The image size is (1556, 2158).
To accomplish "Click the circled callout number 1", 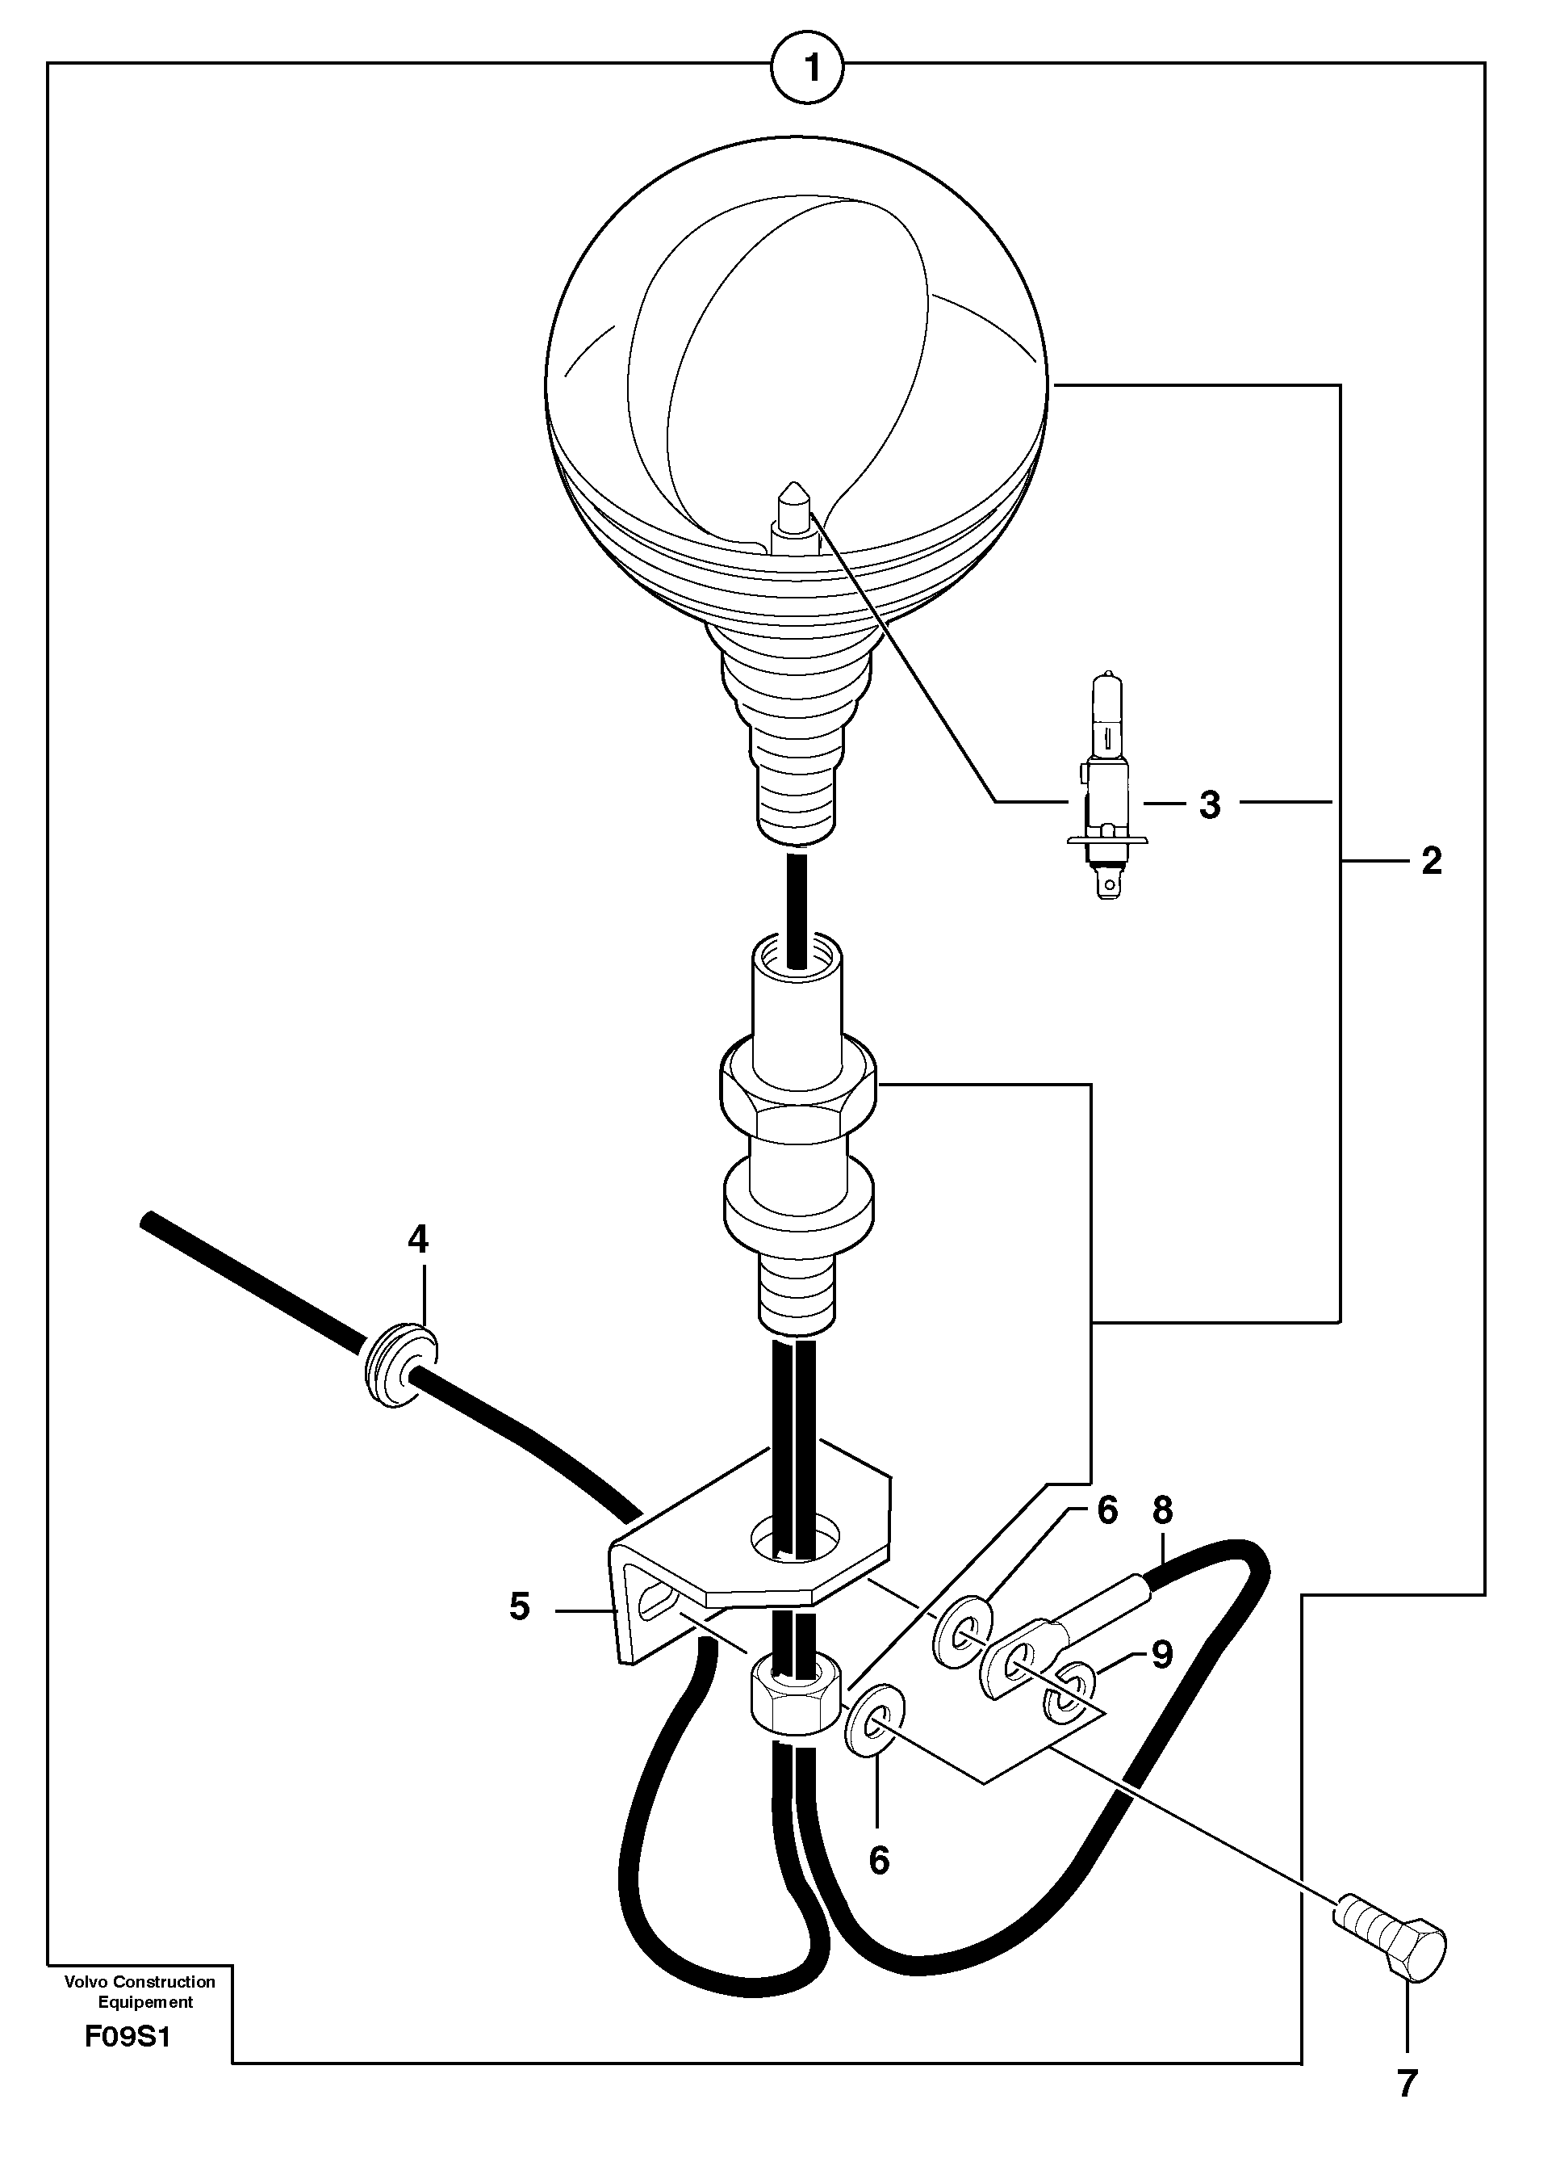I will (x=809, y=68).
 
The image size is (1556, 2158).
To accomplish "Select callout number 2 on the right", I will (x=1430, y=861).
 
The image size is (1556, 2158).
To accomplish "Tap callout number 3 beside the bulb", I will (x=1209, y=805).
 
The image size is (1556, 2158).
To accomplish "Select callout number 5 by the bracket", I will (x=519, y=1606).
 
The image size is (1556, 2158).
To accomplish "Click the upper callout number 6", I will (x=1107, y=1511).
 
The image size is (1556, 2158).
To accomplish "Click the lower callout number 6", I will (x=879, y=1859).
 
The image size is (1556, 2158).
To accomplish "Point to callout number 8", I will (x=1162, y=1510).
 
